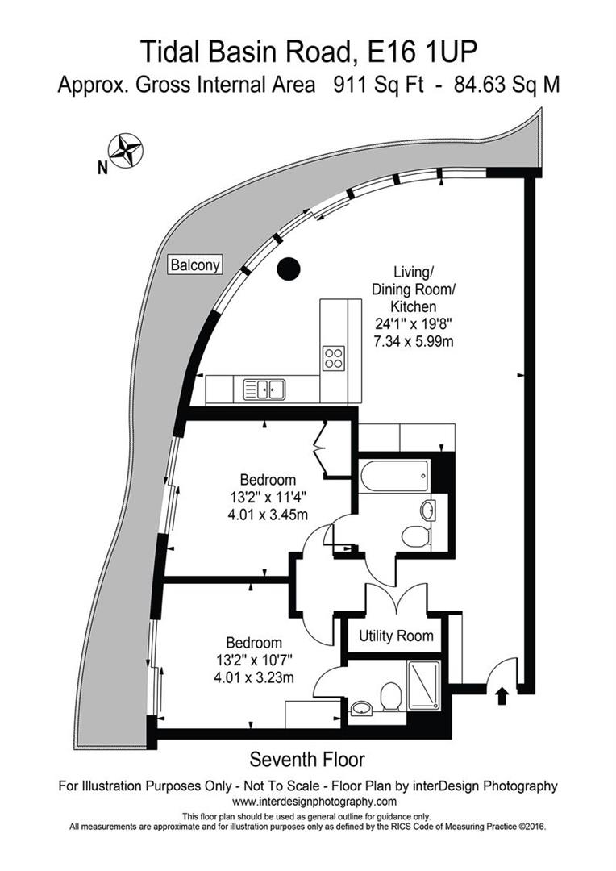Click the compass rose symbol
point(126,151)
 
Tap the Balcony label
point(194,265)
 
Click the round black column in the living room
point(288,269)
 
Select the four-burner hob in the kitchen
point(333,357)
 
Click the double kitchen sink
point(265,390)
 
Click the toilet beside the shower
point(391,696)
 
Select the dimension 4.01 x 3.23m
point(253,677)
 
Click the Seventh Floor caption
point(307,759)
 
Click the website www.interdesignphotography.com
point(314,802)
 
